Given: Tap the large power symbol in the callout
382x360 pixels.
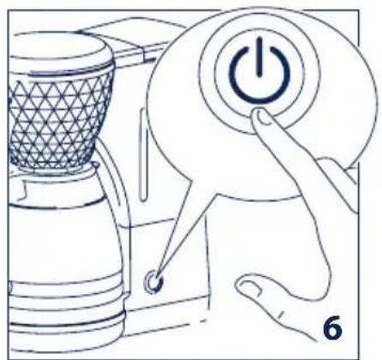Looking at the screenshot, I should click(x=254, y=81).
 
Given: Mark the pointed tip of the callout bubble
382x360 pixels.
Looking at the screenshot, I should click(x=158, y=274).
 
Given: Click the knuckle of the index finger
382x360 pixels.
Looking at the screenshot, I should click(x=292, y=163).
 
